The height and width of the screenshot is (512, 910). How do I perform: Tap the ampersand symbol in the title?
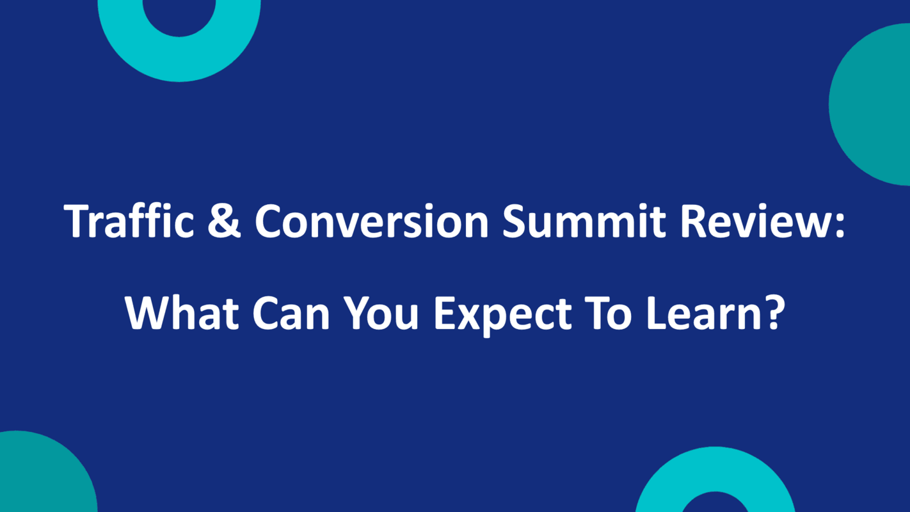pos(224,221)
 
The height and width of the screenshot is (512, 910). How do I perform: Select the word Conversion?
pos(372,221)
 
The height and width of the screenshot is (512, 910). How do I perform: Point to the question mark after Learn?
pos(773,313)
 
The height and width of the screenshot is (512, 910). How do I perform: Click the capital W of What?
pos(146,313)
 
